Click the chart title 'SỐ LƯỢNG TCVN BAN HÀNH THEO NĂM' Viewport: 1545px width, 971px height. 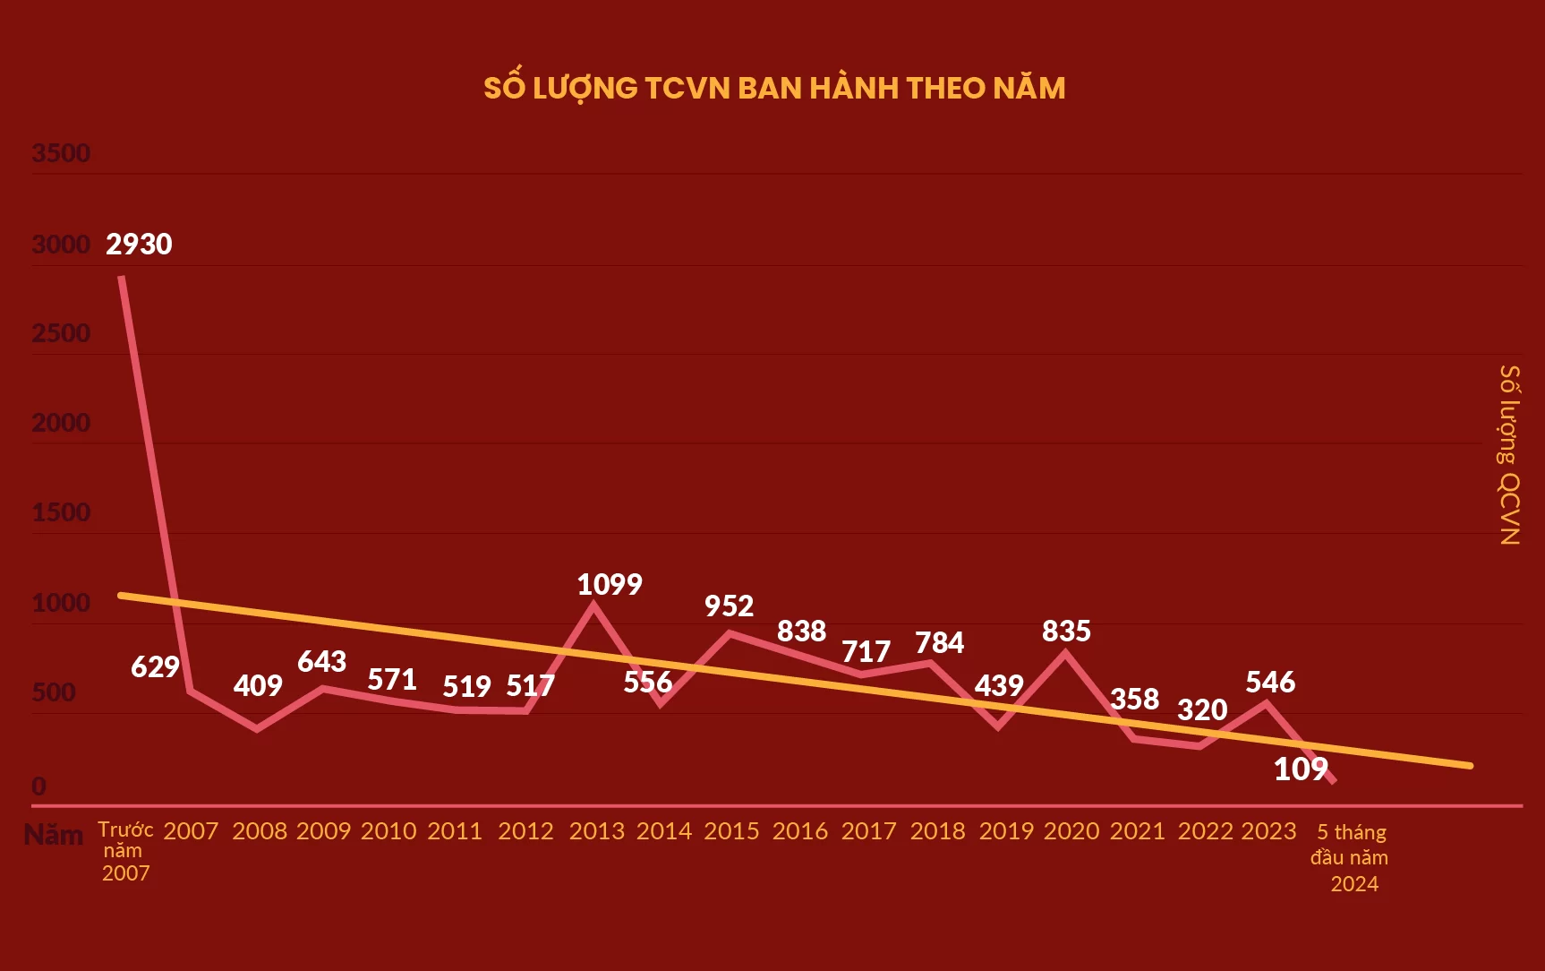[x=774, y=88]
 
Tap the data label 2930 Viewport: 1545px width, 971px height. [x=139, y=245]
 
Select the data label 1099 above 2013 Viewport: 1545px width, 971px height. [x=610, y=585]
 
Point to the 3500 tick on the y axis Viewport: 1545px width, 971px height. [x=61, y=153]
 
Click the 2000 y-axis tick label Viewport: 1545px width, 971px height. [x=61, y=423]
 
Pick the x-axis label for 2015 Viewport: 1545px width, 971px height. [x=731, y=831]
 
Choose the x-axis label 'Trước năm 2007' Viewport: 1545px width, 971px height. [x=125, y=851]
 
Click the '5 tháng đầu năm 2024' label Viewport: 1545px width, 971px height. [x=1351, y=857]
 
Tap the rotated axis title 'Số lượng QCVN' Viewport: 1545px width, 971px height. [x=1509, y=454]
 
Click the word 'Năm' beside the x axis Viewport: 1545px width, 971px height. [x=54, y=835]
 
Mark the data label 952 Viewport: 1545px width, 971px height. [x=729, y=606]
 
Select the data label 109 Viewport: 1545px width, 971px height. [x=1301, y=769]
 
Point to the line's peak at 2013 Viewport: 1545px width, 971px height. [x=593, y=606]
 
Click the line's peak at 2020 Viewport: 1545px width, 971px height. [x=1065, y=653]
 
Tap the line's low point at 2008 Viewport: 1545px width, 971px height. [x=258, y=729]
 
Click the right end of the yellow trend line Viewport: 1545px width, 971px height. [x=1469, y=766]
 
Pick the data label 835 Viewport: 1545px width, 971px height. [x=1066, y=632]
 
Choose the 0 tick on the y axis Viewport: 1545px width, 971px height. [x=38, y=786]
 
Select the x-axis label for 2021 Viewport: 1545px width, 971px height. [x=1138, y=831]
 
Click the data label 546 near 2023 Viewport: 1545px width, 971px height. [x=1270, y=683]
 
